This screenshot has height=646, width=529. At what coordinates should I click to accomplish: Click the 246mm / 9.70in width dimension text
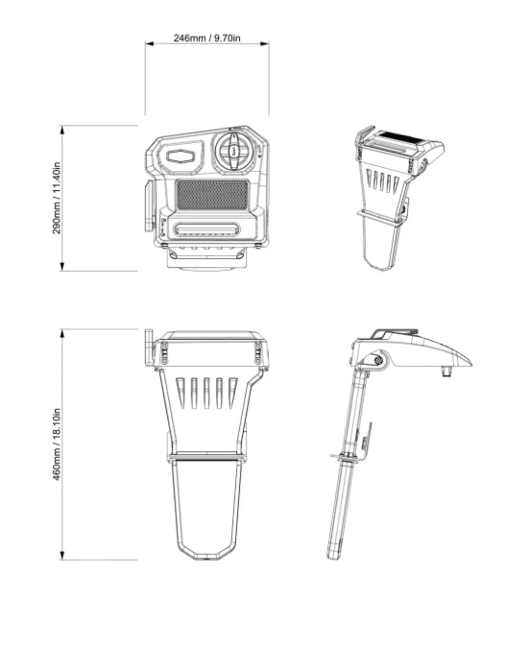(x=206, y=37)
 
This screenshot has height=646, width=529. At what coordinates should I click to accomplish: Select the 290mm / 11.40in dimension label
(x=57, y=198)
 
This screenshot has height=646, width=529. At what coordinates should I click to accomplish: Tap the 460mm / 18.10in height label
(x=57, y=444)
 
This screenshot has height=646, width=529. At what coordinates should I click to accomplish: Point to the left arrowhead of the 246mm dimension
(x=149, y=43)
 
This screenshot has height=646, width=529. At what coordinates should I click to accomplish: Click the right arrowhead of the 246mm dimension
(x=265, y=43)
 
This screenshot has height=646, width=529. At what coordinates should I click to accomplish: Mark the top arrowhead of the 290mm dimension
(x=62, y=130)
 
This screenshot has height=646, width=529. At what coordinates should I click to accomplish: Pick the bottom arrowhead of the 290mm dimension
(x=62, y=266)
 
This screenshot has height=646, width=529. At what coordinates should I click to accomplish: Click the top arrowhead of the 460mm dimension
(x=62, y=334)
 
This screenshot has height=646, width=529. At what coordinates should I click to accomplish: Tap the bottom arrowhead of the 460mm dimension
(x=62, y=556)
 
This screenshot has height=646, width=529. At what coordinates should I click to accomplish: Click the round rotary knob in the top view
(x=234, y=151)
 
